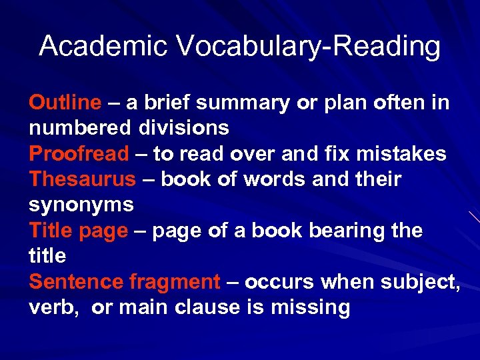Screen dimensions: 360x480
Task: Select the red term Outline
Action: coord(65,103)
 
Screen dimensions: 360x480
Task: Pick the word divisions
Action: coord(184,128)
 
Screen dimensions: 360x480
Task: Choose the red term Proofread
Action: coord(79,154)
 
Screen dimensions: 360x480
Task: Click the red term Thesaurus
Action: coord(82,179)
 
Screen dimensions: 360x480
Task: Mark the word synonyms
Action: coord(81,205)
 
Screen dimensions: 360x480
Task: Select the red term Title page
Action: coord(78,231)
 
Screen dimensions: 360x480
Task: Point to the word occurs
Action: coord(280,281)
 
